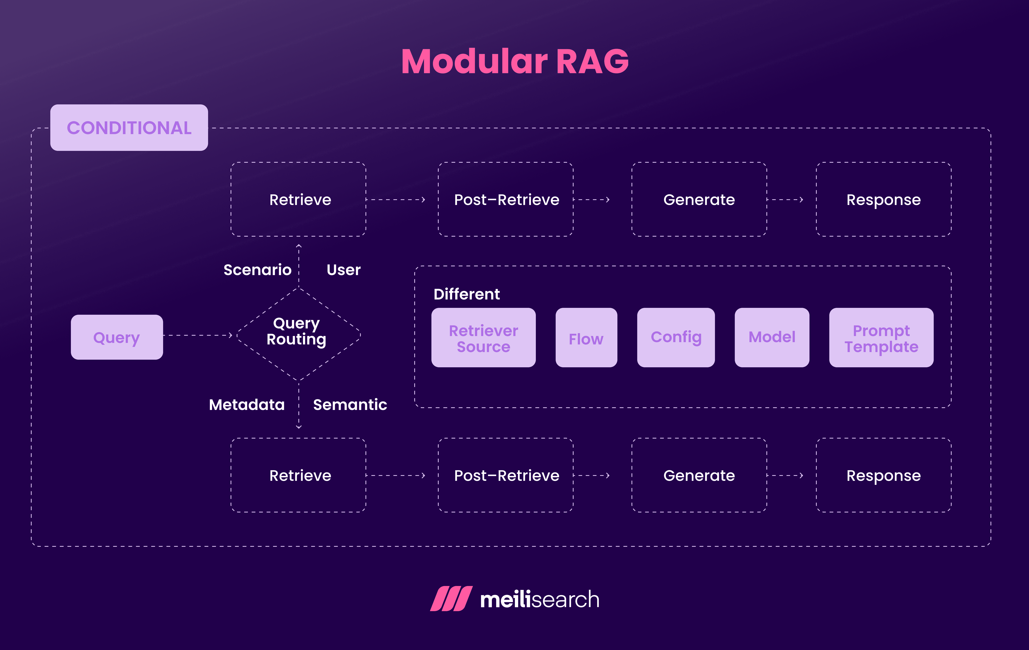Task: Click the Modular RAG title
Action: coord(514,62)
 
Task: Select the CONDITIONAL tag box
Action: coord(129,128)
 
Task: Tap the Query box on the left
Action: coord(117,337)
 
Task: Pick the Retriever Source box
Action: coord(483,338)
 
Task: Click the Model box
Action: coord(772,338)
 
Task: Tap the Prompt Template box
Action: coord(881,338)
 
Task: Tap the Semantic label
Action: coord(350,405)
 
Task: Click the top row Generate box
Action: coord(699,200)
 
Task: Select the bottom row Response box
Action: coord(884,475)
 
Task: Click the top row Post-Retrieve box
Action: coord(506,200)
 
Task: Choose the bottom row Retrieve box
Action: coord(298,475)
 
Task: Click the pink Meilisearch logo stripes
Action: coord(451,599)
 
